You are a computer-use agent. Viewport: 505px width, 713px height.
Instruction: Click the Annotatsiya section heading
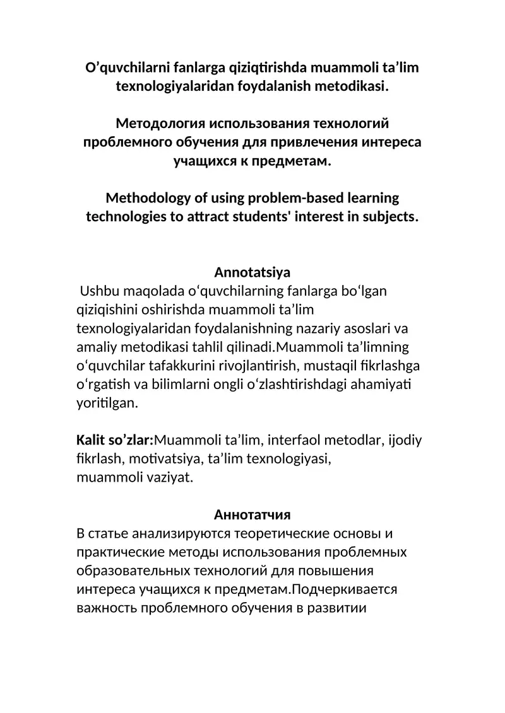point(252,272)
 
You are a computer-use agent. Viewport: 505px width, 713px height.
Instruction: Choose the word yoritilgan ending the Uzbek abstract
point(107,403)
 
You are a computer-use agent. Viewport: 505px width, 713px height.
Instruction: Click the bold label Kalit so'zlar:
point(115,440)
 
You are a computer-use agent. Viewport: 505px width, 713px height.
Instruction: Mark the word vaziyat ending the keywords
point(170,477)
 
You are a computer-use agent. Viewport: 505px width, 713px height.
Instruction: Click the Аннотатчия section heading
point(252,514)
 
